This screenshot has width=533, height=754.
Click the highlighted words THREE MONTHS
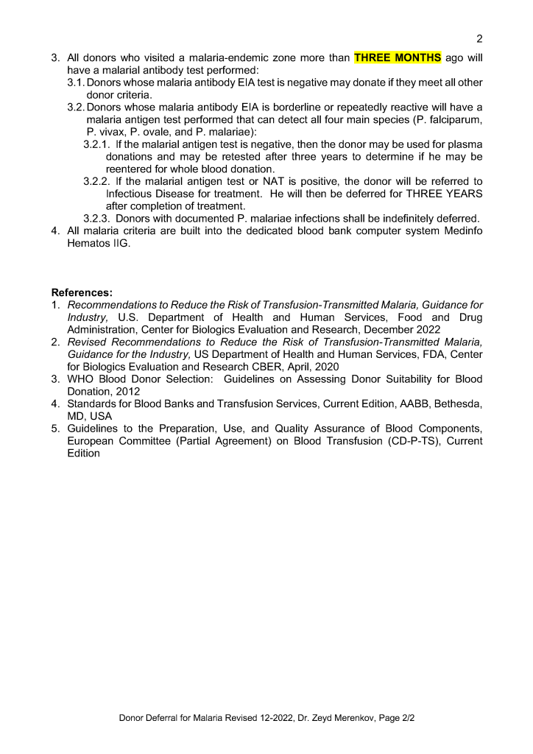398,57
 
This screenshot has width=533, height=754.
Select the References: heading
82,292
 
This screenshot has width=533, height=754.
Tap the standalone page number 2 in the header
479,38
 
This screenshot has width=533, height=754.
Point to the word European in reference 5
91,441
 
